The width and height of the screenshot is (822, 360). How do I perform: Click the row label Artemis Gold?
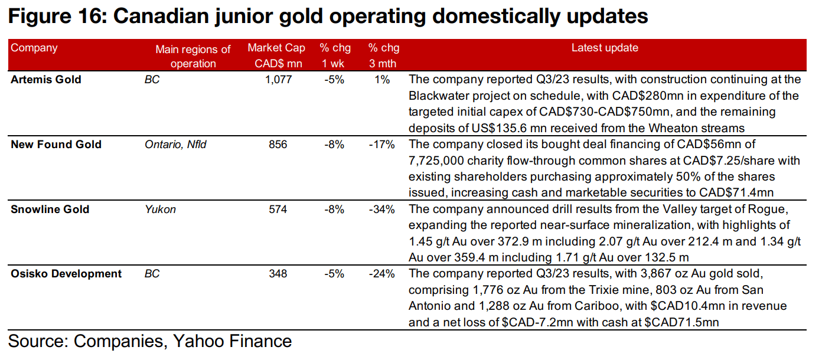click(46, 80)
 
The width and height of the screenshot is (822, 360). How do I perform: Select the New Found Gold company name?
click(56, 145)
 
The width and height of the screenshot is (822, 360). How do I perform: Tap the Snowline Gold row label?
click(50, 209)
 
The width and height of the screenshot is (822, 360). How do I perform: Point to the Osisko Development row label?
click(66, 274)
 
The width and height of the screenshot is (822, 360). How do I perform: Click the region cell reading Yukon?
click(160, 209)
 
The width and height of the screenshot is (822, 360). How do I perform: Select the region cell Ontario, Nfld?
click(175, 145)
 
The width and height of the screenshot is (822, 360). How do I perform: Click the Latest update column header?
click(605, 48)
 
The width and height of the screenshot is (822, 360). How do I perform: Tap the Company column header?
click(34, 48)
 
